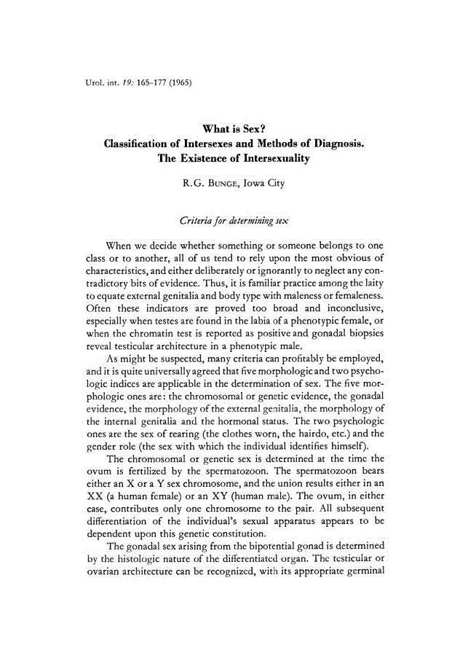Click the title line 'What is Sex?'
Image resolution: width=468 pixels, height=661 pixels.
tap(234, 130)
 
